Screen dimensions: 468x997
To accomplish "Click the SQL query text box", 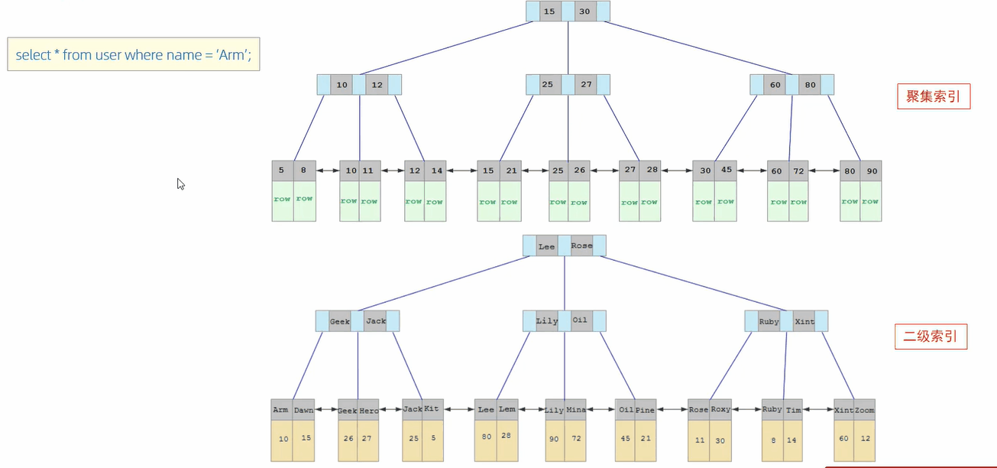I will click(x=133, y=54).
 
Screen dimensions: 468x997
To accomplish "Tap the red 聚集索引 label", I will click(x=932, y=96).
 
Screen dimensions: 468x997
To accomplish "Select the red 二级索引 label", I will click(x=931, y=336).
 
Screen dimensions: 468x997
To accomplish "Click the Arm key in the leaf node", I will click(x=280, y=410).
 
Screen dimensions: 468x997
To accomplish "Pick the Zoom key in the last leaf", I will click(x=864, y=410).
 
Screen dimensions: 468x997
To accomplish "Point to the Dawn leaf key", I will click(x=303, y=410).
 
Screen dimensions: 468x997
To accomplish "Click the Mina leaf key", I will click(x=576, y=410).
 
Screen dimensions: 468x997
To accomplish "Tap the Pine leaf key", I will click(x=645, y=410).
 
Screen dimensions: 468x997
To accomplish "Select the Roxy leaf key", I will click(x=720, y=409).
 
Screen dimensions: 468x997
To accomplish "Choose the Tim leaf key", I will click(x=793, y=409).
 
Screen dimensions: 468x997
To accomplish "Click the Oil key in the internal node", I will click(x=580, y=320).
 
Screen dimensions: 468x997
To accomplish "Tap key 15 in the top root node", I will click(x=549, y=11).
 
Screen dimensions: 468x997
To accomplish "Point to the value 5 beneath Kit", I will click(x=432, y=438).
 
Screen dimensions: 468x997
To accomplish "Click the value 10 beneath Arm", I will click(x=283, y=439).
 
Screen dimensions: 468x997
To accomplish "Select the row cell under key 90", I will click(x=870, y=201).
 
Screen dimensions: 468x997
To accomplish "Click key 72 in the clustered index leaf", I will click(x=798, y=171).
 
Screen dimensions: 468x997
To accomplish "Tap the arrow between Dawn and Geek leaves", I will click(x=327, y=410).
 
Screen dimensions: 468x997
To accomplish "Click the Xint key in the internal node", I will click(x=804, y=322).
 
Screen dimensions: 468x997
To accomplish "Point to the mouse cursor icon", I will click(x=180, y=184).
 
